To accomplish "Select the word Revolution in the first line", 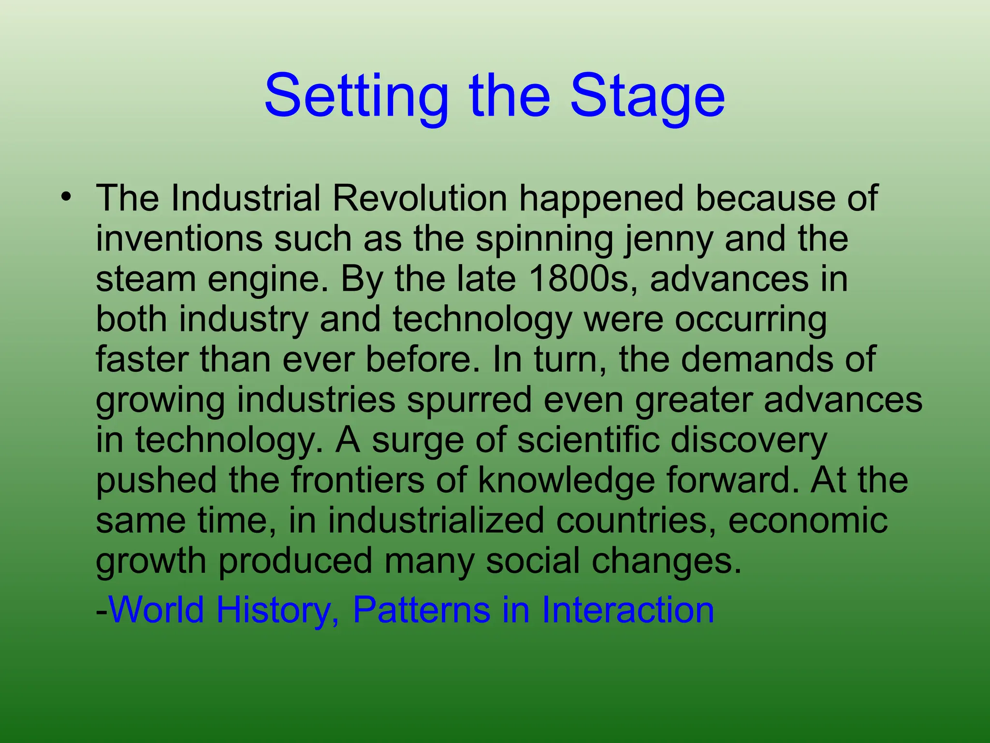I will coord(420,198).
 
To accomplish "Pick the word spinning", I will coord(544,239).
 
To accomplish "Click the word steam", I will coord(146,279).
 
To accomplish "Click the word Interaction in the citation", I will coord(627,609).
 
